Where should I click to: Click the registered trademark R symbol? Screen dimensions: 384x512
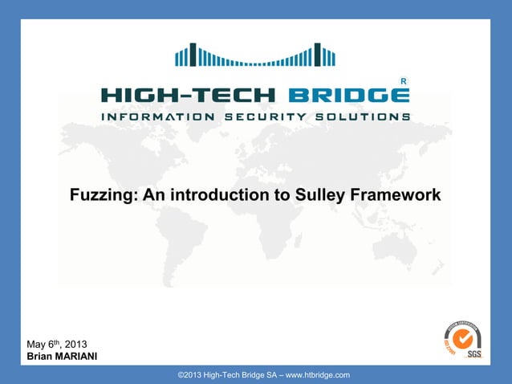(403, 81)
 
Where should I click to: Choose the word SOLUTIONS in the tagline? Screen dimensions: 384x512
(368, 116)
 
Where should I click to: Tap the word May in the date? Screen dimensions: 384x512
(38, 345)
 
